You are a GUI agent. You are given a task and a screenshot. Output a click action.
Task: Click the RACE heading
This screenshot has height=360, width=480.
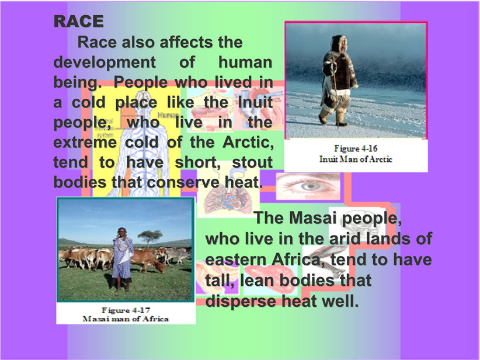pos(79,21)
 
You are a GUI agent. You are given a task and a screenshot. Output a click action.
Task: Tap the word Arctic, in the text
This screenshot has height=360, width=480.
pos(248,142)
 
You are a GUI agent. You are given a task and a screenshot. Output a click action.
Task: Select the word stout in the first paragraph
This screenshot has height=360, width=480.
pos(252,162)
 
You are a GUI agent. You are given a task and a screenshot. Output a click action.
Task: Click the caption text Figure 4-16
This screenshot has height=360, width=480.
pos(356,148)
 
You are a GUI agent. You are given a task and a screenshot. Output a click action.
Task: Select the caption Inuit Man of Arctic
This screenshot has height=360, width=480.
pos(356,159)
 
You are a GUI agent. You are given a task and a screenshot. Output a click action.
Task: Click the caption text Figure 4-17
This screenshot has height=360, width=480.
pos(126,310)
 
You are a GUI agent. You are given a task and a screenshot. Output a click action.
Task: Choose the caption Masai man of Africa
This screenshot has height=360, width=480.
pos(126,319)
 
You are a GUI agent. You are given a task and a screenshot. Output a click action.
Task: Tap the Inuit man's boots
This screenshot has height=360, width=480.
pos(333,117)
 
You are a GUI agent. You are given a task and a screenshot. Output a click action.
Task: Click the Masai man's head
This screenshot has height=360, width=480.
pos(122,232)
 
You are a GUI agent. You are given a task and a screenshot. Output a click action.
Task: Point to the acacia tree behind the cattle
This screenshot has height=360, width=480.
pos(149,237)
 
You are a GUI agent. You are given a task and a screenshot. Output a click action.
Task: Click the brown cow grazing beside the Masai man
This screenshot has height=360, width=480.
pos(147,261)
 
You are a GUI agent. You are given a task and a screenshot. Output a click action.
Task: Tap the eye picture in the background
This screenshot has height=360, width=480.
pos(308,186)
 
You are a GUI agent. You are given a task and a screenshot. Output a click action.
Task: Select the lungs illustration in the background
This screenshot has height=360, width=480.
pos(228,199)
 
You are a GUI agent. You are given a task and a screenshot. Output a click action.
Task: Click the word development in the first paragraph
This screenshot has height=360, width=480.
pos(105,62)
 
